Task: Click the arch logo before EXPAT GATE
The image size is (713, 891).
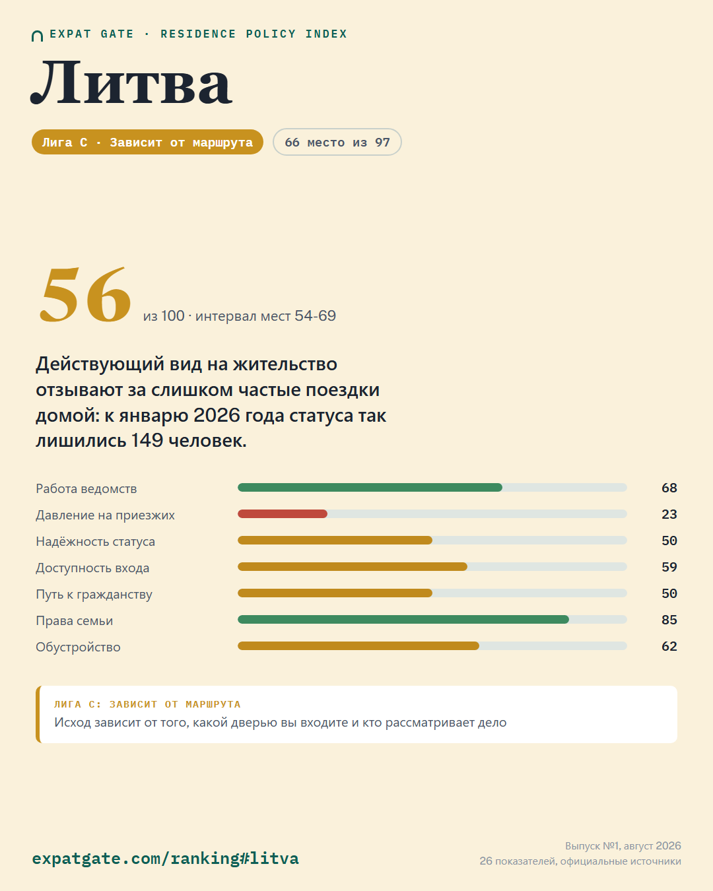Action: click(37, 36)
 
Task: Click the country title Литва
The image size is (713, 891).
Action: click(131, 82)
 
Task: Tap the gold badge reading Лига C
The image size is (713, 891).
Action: click(147, 142)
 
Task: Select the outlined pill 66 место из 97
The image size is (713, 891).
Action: click(337, 142)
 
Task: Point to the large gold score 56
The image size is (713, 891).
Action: click(85, 294)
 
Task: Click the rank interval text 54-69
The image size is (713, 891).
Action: click(316, 316)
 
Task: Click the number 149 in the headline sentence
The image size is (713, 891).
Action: click(147, 440)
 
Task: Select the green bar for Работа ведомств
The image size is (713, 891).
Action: click(370, 488)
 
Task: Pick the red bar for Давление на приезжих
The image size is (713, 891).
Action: click(283, 514)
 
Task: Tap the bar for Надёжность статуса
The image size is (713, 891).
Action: click(335, 541)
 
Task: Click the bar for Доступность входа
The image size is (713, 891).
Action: click(353, 567)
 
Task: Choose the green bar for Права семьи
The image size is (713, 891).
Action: click(403, 620)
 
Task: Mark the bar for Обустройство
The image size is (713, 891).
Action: click(358, 646)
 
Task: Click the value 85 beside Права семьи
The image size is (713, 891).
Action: click(669, 620)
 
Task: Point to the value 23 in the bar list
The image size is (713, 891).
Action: click(669, 514)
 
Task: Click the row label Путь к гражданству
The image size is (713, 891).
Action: click(94, 595)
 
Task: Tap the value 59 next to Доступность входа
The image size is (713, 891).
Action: click(669, 567)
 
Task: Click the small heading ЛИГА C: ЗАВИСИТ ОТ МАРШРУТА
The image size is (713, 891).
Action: click(147, 704)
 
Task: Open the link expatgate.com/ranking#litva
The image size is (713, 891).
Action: click(165, 858)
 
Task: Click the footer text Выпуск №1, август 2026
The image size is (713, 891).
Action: click(623, 846)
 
